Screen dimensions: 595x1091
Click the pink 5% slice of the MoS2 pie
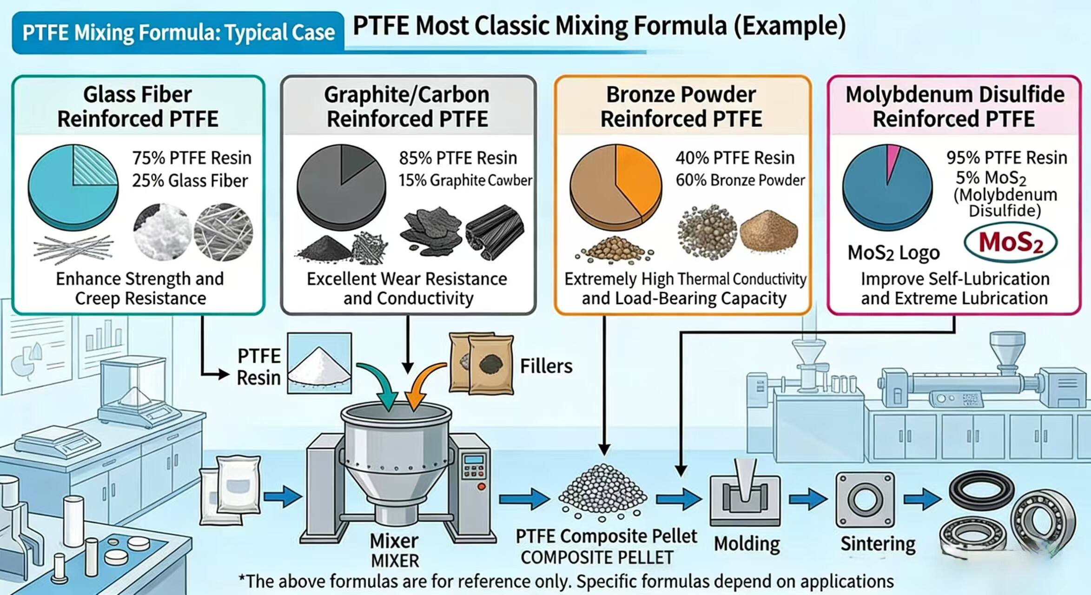pyautogui.click(x=892, y=160)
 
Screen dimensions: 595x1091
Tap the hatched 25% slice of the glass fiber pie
pyautogui.click(x=95, y=165)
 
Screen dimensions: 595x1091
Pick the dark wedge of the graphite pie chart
pyautogui.click(x=354, y=163)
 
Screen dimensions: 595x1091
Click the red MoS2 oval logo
pyautogui.click(x=1011, y=243)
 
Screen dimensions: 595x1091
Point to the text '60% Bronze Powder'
pyautogui.click(x=740, y=180)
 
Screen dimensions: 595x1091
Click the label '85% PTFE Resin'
pyautogui.click(x=458, y=158)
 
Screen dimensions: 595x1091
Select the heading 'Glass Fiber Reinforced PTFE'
pyautogui.click(x=138, y=107)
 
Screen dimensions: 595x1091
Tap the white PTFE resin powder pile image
pyautogui.click(x=319, y=364)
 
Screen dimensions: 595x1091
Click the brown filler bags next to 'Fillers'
pyautogui.click(x=482, y=364)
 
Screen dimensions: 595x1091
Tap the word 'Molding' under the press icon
pyautogui.click(x=747, y=544)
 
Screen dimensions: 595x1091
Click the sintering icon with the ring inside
pyautogui.click(x=865, y=500)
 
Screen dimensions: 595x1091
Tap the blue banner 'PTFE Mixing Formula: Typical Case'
pyautogui.click(x=179, y=33)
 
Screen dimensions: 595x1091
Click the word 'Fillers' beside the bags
pyautogui.click(x=546, y=366)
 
